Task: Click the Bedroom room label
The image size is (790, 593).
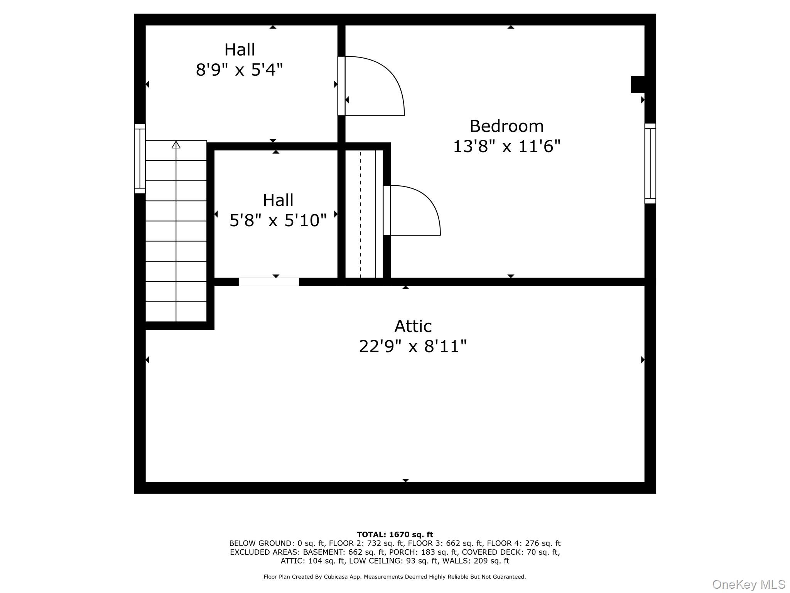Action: click(x=506, y=126)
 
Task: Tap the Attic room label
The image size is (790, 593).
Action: click(x=413, y=326)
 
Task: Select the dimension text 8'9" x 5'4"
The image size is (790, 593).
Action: click(x=239, y=70)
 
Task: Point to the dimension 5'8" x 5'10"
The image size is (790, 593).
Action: click(x=278, y=220)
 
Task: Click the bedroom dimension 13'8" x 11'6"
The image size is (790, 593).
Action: click(x=506, y=146)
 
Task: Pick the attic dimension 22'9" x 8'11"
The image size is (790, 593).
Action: click(x=413, y=346)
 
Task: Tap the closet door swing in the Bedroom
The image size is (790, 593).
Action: click(x=415, y=210)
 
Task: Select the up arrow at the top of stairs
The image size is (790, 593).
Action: click(x=176, y=145)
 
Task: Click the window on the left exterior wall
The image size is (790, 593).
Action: click(x=140, y=158)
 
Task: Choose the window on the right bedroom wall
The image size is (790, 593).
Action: click(x=650, y=163)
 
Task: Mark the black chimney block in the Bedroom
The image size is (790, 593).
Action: click(x=638, y=85)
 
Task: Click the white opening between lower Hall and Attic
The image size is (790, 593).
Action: click(x=268, y=282)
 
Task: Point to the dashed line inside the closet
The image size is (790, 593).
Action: click(x=360, y=214)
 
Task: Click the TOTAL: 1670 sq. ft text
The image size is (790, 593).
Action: click(x=395, y=535)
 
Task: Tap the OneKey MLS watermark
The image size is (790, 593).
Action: click(x=748, y=585)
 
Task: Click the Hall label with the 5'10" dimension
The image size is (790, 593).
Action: click(x=278, y=200)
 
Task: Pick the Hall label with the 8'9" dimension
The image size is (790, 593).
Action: click(x=239, y=50)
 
